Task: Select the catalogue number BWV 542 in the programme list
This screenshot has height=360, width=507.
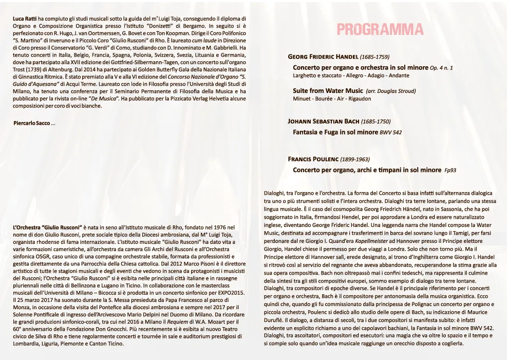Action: [x=390, y=132]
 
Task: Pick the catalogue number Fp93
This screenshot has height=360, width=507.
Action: [x=450, y=170]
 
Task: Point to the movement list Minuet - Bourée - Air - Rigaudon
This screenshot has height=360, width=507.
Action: [x=332, y=99]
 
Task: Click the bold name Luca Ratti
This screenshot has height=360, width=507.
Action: [x=25, y=18]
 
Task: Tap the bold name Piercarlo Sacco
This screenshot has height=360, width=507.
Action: [x=31, y=123]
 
